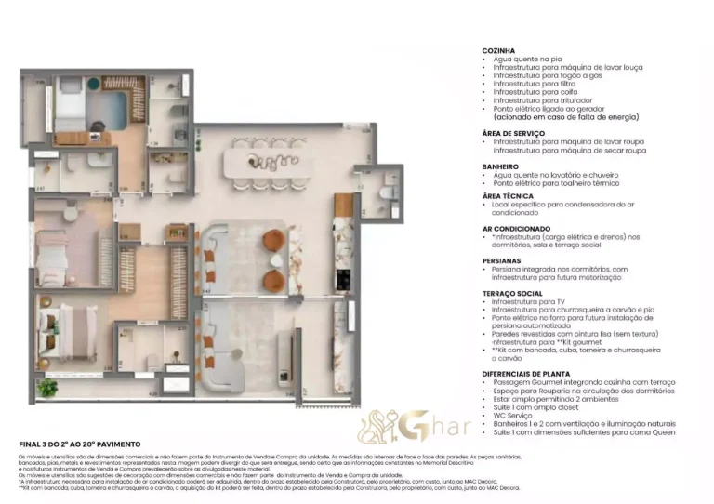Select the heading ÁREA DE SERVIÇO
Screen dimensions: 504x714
(x=513, y=133)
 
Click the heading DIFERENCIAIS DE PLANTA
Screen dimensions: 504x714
(x=525, y=373)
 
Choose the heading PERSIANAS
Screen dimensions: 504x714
(x=501, y=261)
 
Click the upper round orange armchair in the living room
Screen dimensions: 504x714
(x=271, y=241)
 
